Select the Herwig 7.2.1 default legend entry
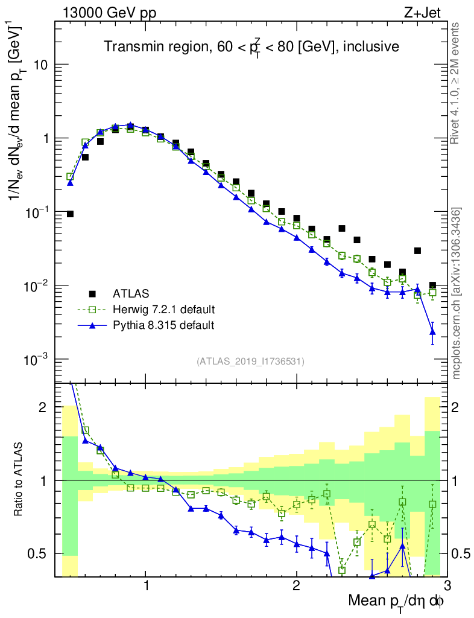[164, 310]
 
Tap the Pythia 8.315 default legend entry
[163, 325]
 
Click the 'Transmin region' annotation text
[251, 46]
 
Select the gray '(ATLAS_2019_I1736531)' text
[250, 362]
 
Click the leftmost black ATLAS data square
[70, 214]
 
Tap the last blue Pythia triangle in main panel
[432, 331]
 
